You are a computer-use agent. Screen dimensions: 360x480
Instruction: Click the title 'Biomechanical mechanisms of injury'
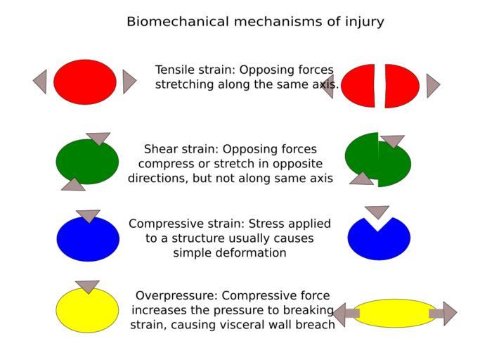click(x=255, y=22)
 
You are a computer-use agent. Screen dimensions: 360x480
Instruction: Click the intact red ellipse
click(x=84, y=82)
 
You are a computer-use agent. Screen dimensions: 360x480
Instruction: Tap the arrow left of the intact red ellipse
click(x=41, y=82)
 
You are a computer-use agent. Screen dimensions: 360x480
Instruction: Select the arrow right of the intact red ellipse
click(x=129, y=82)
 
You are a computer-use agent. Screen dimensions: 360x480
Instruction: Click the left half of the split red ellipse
click(x=359, y=86)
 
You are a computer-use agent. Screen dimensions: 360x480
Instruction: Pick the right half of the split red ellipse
click(x=401, y=86)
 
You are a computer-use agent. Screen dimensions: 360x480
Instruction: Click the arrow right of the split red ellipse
click(x=432, y=86)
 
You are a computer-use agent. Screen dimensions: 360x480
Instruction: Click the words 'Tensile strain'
click(x=195, y=70)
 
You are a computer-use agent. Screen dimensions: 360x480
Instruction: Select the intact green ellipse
click(x=87, y=162)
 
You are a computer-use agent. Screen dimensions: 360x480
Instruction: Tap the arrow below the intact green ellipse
click(x=74, y=184)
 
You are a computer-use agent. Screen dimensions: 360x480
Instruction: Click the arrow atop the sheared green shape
click(x=392, y=141)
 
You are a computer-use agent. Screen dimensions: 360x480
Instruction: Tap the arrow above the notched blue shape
click(x=377, y=212)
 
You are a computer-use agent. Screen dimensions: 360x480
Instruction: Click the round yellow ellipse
click(x=87, y=311)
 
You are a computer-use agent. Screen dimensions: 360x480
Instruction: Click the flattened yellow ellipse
click(x=395, y=314)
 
